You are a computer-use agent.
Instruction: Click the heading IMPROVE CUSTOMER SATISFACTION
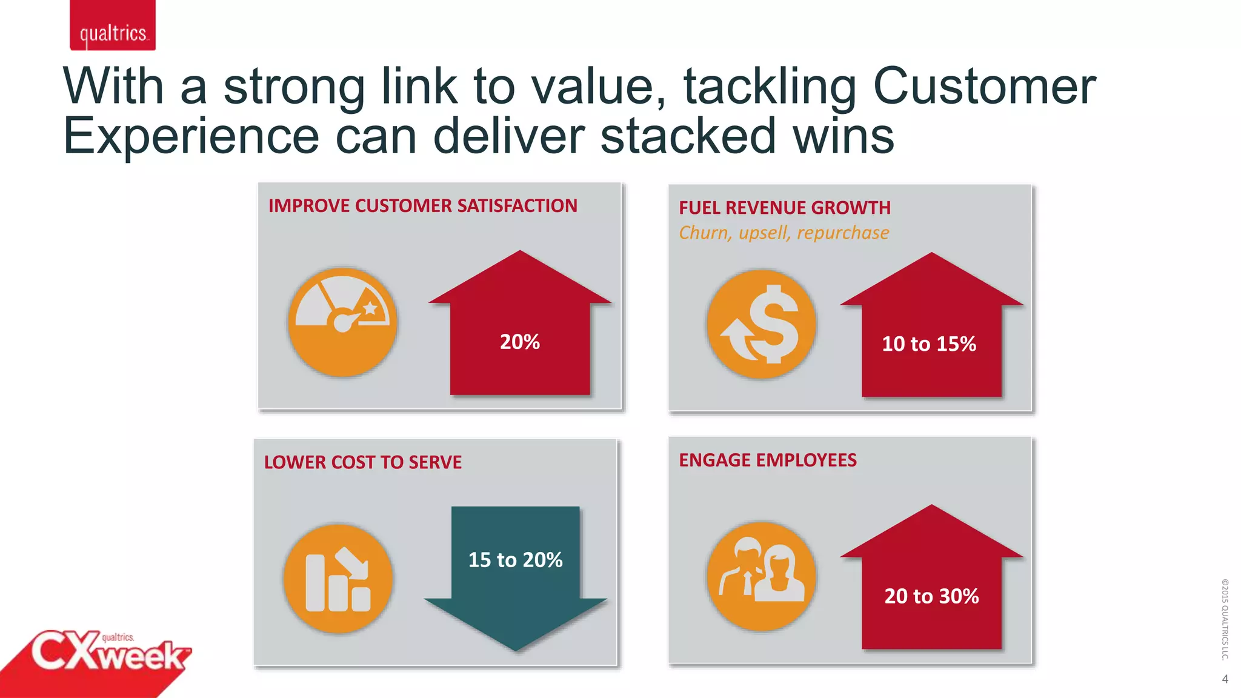click(x=422, y=206)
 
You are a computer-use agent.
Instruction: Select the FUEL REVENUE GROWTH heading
click(x=785, y=208)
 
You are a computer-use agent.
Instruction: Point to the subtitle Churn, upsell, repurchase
click(x=784, y=233)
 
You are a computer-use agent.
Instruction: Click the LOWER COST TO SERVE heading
click(x=362, y=462)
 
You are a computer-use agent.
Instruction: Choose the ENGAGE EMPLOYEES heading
click(x=767, y=460)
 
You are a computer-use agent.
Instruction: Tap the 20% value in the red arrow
click(x=519, y=342)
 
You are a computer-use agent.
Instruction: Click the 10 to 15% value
click(x=929, y=344)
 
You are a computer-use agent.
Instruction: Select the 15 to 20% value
click(x=515, y=560)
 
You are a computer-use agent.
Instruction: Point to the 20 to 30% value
click(x=931, y=596)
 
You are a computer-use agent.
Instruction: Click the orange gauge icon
click(x=342, y=322)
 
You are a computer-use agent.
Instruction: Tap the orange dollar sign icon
click(x=761, y=324)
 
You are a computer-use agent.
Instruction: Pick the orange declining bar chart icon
click(x=338, y=579)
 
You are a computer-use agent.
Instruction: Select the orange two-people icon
click(x=761, y=576)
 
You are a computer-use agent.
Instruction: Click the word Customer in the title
click(x=984, y=86)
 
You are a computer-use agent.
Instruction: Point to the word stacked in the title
click(x=688, y=136)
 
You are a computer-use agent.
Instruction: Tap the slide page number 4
click(x=1225, y=679)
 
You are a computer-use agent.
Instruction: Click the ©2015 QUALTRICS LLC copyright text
click(x=1225, y=619)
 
